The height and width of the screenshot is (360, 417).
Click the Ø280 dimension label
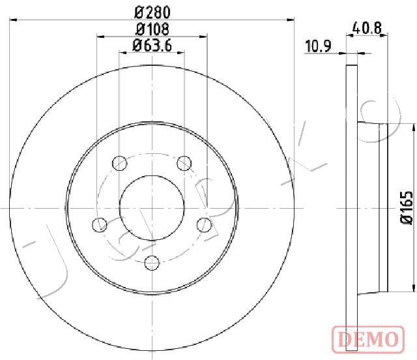pos(152,12)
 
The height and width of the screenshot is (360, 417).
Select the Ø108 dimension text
pos(152,29)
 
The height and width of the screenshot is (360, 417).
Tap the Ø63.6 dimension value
pos(152,46)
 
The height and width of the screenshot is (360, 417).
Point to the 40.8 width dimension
pos(367,28)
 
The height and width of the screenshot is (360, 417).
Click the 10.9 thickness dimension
pos(318,46)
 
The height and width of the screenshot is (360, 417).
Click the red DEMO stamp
pos(368,339)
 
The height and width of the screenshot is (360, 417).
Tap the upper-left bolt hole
pos(119,163)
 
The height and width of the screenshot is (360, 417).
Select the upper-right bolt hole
pos(184,163)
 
